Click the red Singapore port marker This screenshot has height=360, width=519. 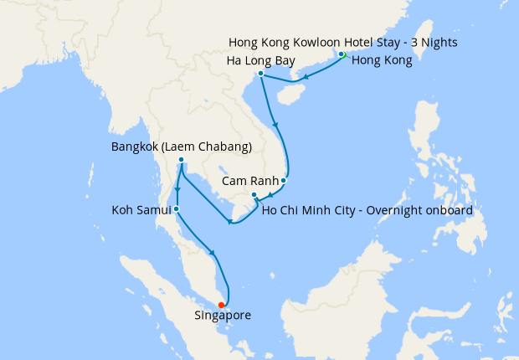[221, 305]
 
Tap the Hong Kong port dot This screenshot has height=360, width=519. [342, 55]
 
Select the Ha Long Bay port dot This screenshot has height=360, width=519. [261, 74]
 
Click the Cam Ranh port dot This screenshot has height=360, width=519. [284, 180]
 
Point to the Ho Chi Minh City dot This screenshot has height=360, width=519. [254, 195]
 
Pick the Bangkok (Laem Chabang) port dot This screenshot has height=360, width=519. [181, 160]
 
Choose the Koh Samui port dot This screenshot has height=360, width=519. [176, 208]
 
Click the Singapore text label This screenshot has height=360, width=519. [222, 316]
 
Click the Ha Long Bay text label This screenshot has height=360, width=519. [260, 62]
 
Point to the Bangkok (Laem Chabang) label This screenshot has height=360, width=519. [182, 147]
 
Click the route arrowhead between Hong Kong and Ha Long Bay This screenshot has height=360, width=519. [305, 79]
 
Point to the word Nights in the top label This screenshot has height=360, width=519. [439, 42]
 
